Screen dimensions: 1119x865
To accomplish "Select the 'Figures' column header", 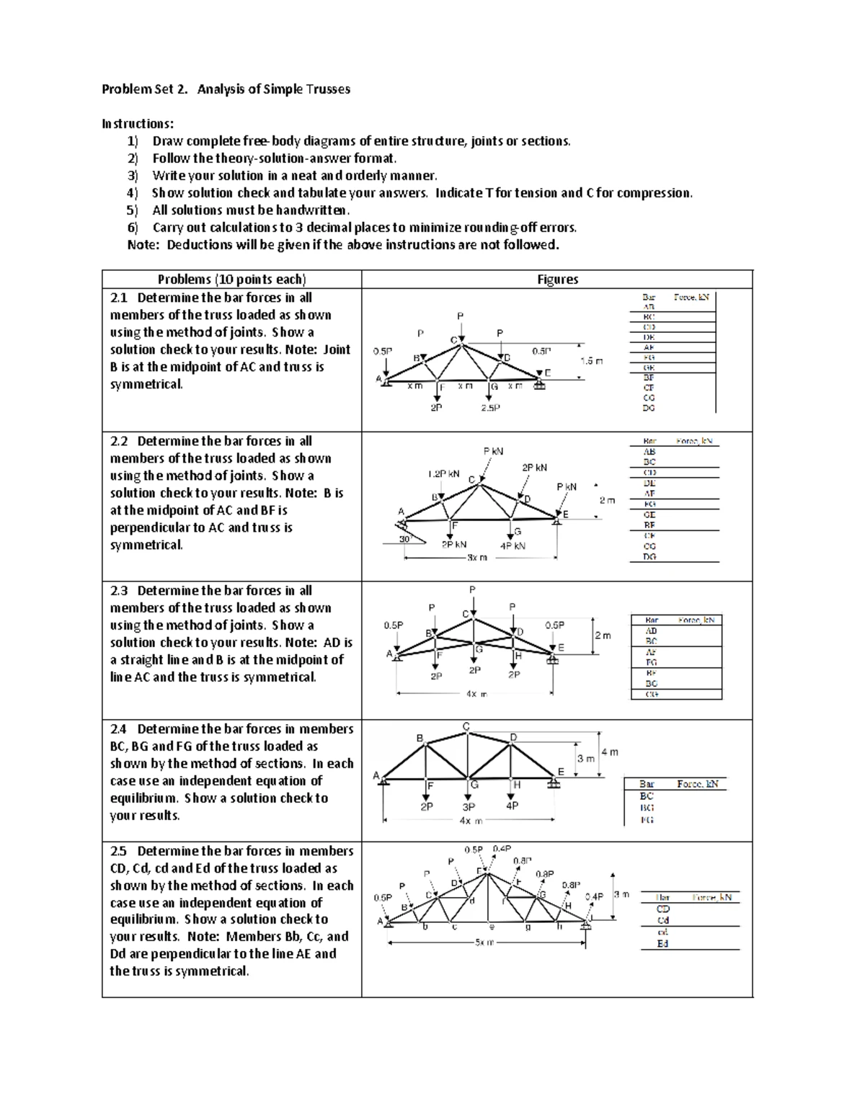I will (x=557, y=280).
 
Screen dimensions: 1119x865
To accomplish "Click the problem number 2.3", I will (x=119, y=591).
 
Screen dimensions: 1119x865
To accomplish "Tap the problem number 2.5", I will (x=119, y=851).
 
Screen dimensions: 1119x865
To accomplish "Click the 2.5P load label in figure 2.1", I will (x=490, y=408).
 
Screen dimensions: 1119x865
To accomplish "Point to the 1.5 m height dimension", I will (x=592, y=361).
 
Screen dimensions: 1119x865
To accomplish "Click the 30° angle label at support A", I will (x=404, y=539).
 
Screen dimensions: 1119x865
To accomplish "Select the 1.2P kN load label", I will (x=443, y=474).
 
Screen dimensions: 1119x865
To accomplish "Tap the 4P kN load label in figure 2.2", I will (x=513, y=545).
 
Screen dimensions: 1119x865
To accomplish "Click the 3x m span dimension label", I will (x=476, y=558).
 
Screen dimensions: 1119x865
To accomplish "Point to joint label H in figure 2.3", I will (x=518, y=656).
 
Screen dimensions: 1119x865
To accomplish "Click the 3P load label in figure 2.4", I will (x=469, y=807).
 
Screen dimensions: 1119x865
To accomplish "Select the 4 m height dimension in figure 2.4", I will (x=610, y=752).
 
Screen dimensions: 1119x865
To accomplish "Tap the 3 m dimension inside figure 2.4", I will (x=585, y=759).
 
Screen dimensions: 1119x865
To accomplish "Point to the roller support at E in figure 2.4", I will (x=554, y=784).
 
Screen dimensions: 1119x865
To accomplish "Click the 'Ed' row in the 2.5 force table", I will (x=662, y=944).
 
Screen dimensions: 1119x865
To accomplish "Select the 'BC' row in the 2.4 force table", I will (x=647, y=796).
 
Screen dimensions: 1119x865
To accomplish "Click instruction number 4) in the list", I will (x=132, y=193).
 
